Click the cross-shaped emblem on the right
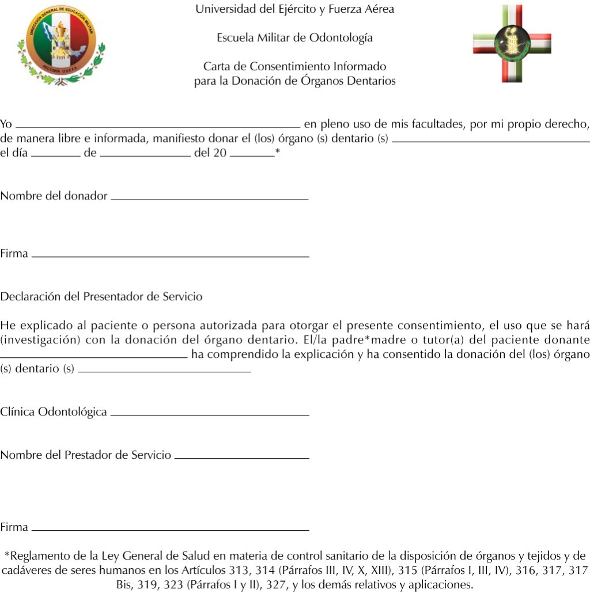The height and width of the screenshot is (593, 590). (512, 44)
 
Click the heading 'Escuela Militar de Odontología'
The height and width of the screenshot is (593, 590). (294, 38)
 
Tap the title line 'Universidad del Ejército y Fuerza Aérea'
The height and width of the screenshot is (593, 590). (294, 9)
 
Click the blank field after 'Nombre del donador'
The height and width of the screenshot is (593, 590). (209, 198)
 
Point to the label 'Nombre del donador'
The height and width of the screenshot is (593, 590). (54, 196)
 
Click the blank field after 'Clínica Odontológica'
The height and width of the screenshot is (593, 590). (209, 414)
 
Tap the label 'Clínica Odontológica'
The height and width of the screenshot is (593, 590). (54, 412)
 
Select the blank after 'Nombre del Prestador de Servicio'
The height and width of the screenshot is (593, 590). (241, 458)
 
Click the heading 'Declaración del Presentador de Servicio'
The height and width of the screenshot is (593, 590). (101, 297)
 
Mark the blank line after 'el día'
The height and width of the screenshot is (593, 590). (55, 156)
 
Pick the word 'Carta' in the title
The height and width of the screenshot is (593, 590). (217, 67)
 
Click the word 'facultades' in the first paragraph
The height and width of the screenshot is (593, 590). (435, 124)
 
